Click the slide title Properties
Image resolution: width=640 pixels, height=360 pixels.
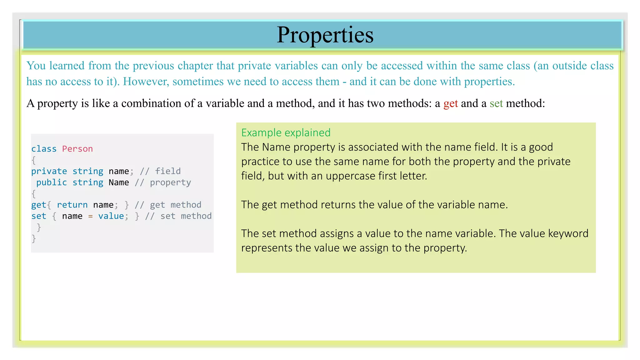(325, 35)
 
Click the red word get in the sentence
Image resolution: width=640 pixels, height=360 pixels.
(450, 103)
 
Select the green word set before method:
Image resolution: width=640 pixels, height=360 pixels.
(496, 103)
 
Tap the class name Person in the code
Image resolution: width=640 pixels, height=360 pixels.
(77, 149)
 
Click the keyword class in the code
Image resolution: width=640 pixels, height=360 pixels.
(44, 149)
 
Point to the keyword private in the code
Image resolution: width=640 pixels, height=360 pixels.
(49, 171)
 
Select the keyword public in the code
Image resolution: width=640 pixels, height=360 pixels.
(52, 182)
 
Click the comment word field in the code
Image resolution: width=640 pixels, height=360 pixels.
(168, 171)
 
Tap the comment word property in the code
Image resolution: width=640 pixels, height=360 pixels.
(170, 182)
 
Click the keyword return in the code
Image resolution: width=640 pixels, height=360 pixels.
(72, 205)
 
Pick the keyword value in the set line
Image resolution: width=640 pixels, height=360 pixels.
(111, 216)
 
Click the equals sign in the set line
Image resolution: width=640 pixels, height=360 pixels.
(90, 216)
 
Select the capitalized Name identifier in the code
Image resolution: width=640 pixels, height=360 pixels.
(119, 182)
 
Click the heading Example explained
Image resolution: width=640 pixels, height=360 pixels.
(286, 132)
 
